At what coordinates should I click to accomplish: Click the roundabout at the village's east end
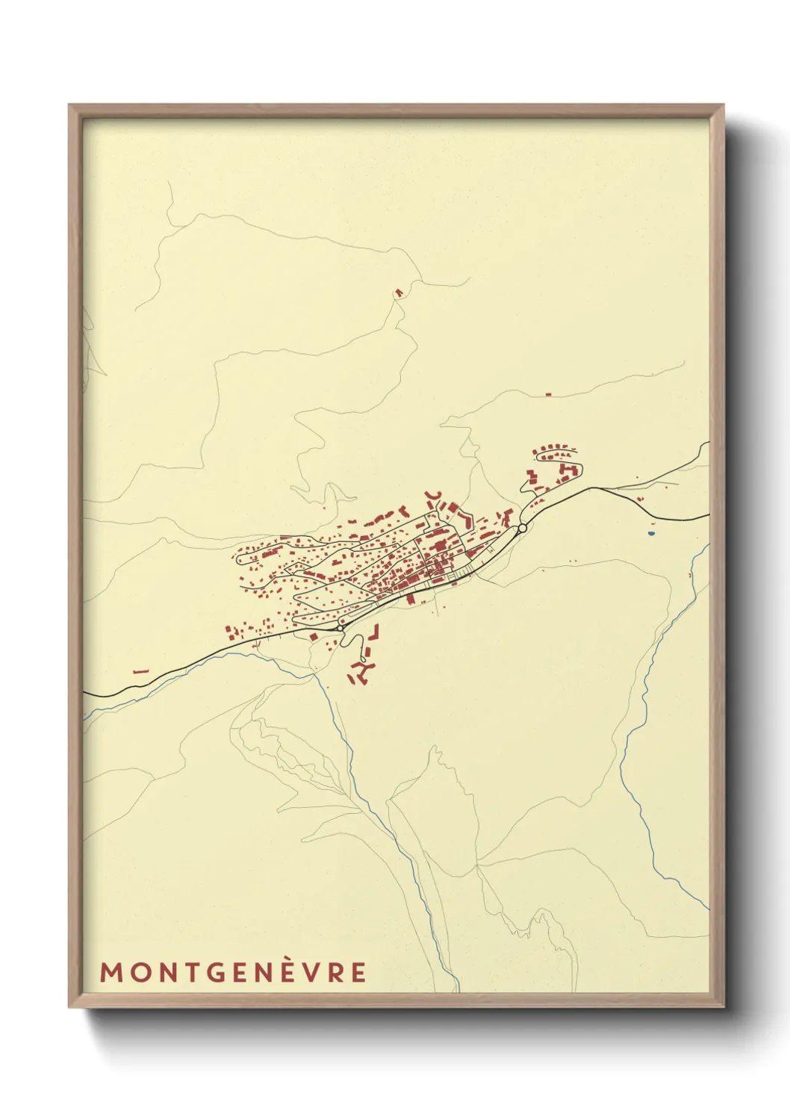(522, 528)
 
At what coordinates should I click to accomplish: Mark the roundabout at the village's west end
(341, 628)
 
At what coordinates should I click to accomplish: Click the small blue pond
(650, 534)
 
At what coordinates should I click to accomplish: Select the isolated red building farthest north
(399, 292)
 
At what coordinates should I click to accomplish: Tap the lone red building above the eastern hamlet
(548, 393)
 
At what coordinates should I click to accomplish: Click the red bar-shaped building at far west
(140, 671)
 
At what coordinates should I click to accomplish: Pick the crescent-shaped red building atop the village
(434, 495)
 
